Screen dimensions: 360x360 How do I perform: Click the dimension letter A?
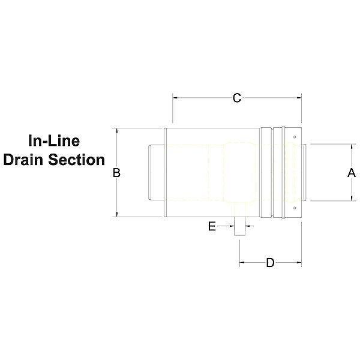tap(351, 173)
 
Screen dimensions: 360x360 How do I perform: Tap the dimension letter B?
tap(116, 173)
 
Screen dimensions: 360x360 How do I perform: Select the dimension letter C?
tap(237, 98)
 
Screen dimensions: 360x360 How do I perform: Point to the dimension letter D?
tap(270, 263)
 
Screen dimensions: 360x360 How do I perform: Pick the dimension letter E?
tap(212, 226)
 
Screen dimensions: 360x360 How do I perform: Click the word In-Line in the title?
tap(54, 140)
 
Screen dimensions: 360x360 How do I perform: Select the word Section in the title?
tap(76, 160)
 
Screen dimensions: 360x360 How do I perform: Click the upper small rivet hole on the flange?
tap(295, 137)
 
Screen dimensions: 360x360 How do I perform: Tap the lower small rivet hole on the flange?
tap(295, 208)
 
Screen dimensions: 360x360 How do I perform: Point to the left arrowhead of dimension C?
tap(175, 98)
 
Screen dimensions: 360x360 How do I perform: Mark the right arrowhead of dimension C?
tap(299, 98)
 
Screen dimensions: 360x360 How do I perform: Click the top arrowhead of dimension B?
tap(117, 131)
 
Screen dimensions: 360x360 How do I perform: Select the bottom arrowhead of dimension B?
tap(117, 214)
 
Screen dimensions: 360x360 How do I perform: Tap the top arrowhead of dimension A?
tap(352, 147)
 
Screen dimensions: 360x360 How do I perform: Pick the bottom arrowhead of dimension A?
tap(352, 198)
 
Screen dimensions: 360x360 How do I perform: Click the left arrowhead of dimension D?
tap(242, 262)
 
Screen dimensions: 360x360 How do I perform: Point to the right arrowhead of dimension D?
tap(299, 262)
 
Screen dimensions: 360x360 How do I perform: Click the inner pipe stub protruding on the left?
tap(157, 173)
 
